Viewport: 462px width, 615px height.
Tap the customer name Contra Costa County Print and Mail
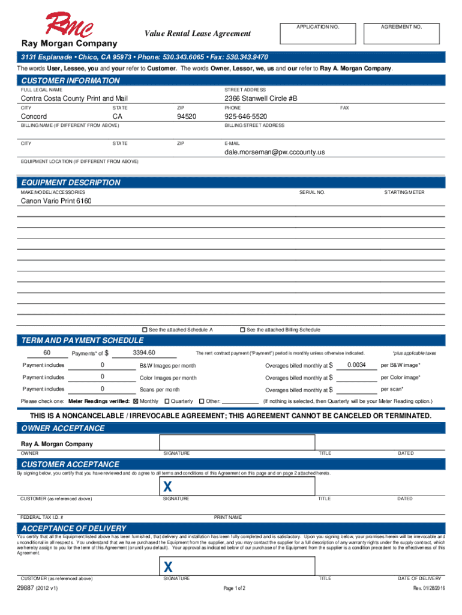tap(74, 98)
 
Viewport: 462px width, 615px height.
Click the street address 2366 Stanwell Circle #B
tap(260, 98)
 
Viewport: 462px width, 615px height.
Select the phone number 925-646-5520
tap(245, 116)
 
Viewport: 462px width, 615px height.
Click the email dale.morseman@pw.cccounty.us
tap(275, 152)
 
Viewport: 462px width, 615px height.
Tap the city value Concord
tap(34, 116)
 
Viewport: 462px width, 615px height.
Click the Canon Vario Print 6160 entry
tap(56, 201)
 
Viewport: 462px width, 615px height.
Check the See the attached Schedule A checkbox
tap(145, 330)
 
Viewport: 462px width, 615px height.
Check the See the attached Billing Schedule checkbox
tap(242, 330)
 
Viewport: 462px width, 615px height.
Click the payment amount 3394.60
tap(144, 353)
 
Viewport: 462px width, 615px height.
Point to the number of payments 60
tap(46, 353)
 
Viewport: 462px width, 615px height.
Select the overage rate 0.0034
tap(356, 365)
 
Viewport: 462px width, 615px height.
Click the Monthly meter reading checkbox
tap(135, 401)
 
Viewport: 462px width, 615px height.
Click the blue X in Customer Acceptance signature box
tap(169, 486)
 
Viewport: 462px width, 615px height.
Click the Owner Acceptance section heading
tap(63, 428)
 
